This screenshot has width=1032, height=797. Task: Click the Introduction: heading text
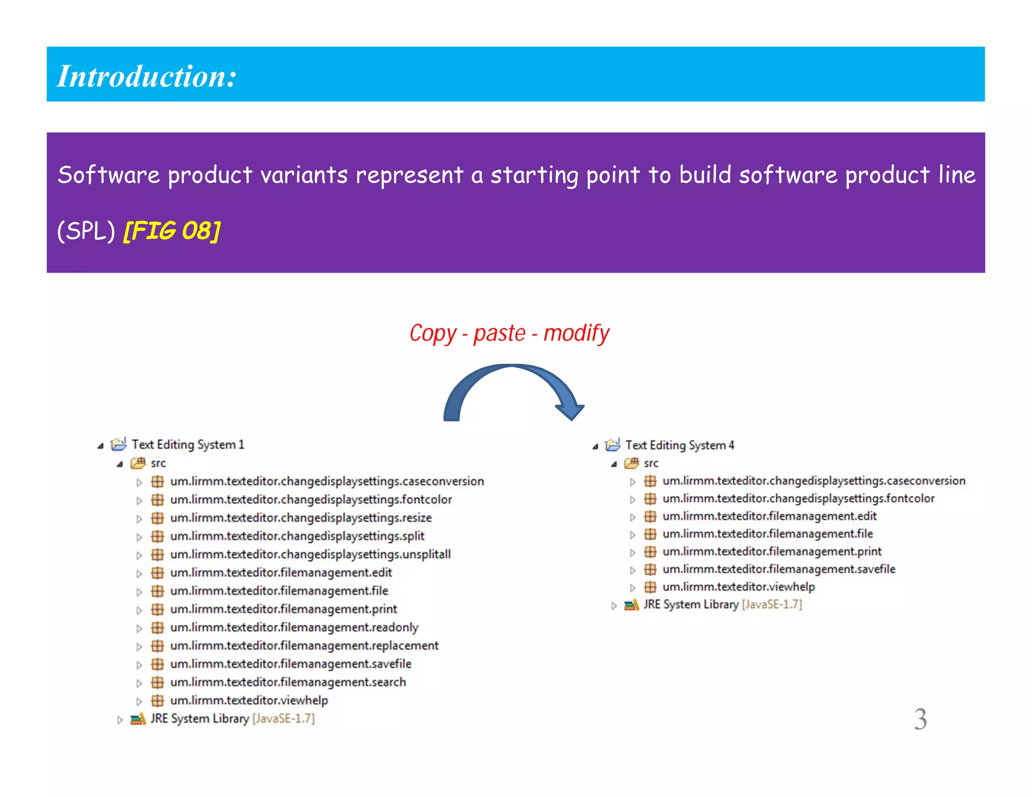click(x=146, y=76)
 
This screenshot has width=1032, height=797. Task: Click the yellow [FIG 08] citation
click(x=171, y=231)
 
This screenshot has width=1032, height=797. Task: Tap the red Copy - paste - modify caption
click(x=509, y=334)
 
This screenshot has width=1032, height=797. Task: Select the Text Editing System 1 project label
click(x=187, y=444)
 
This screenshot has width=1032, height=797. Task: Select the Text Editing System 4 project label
click(x=679, y=445)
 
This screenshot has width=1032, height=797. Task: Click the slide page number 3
click(x=920, y=719)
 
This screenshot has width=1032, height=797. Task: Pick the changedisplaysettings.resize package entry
click(x=300, y=518)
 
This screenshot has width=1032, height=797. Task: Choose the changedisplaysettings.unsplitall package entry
click(x=310, y=554)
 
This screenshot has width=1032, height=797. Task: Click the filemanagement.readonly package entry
click(x=294, y=627)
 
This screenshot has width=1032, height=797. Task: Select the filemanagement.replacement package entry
click(x=304, y=645)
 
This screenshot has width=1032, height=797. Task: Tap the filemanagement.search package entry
click(x=288, y=682)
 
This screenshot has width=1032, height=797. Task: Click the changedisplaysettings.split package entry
click(x=297, y=536)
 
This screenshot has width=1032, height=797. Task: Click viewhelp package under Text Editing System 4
click(x=738, y=587)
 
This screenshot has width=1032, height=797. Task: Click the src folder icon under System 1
click(x=138, y=462)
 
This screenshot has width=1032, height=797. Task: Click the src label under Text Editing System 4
click(x=651, y=463)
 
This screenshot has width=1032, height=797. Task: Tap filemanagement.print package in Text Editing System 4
click(x=771, y=552)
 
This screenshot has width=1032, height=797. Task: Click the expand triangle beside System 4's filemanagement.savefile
click(x=633, y=570)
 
